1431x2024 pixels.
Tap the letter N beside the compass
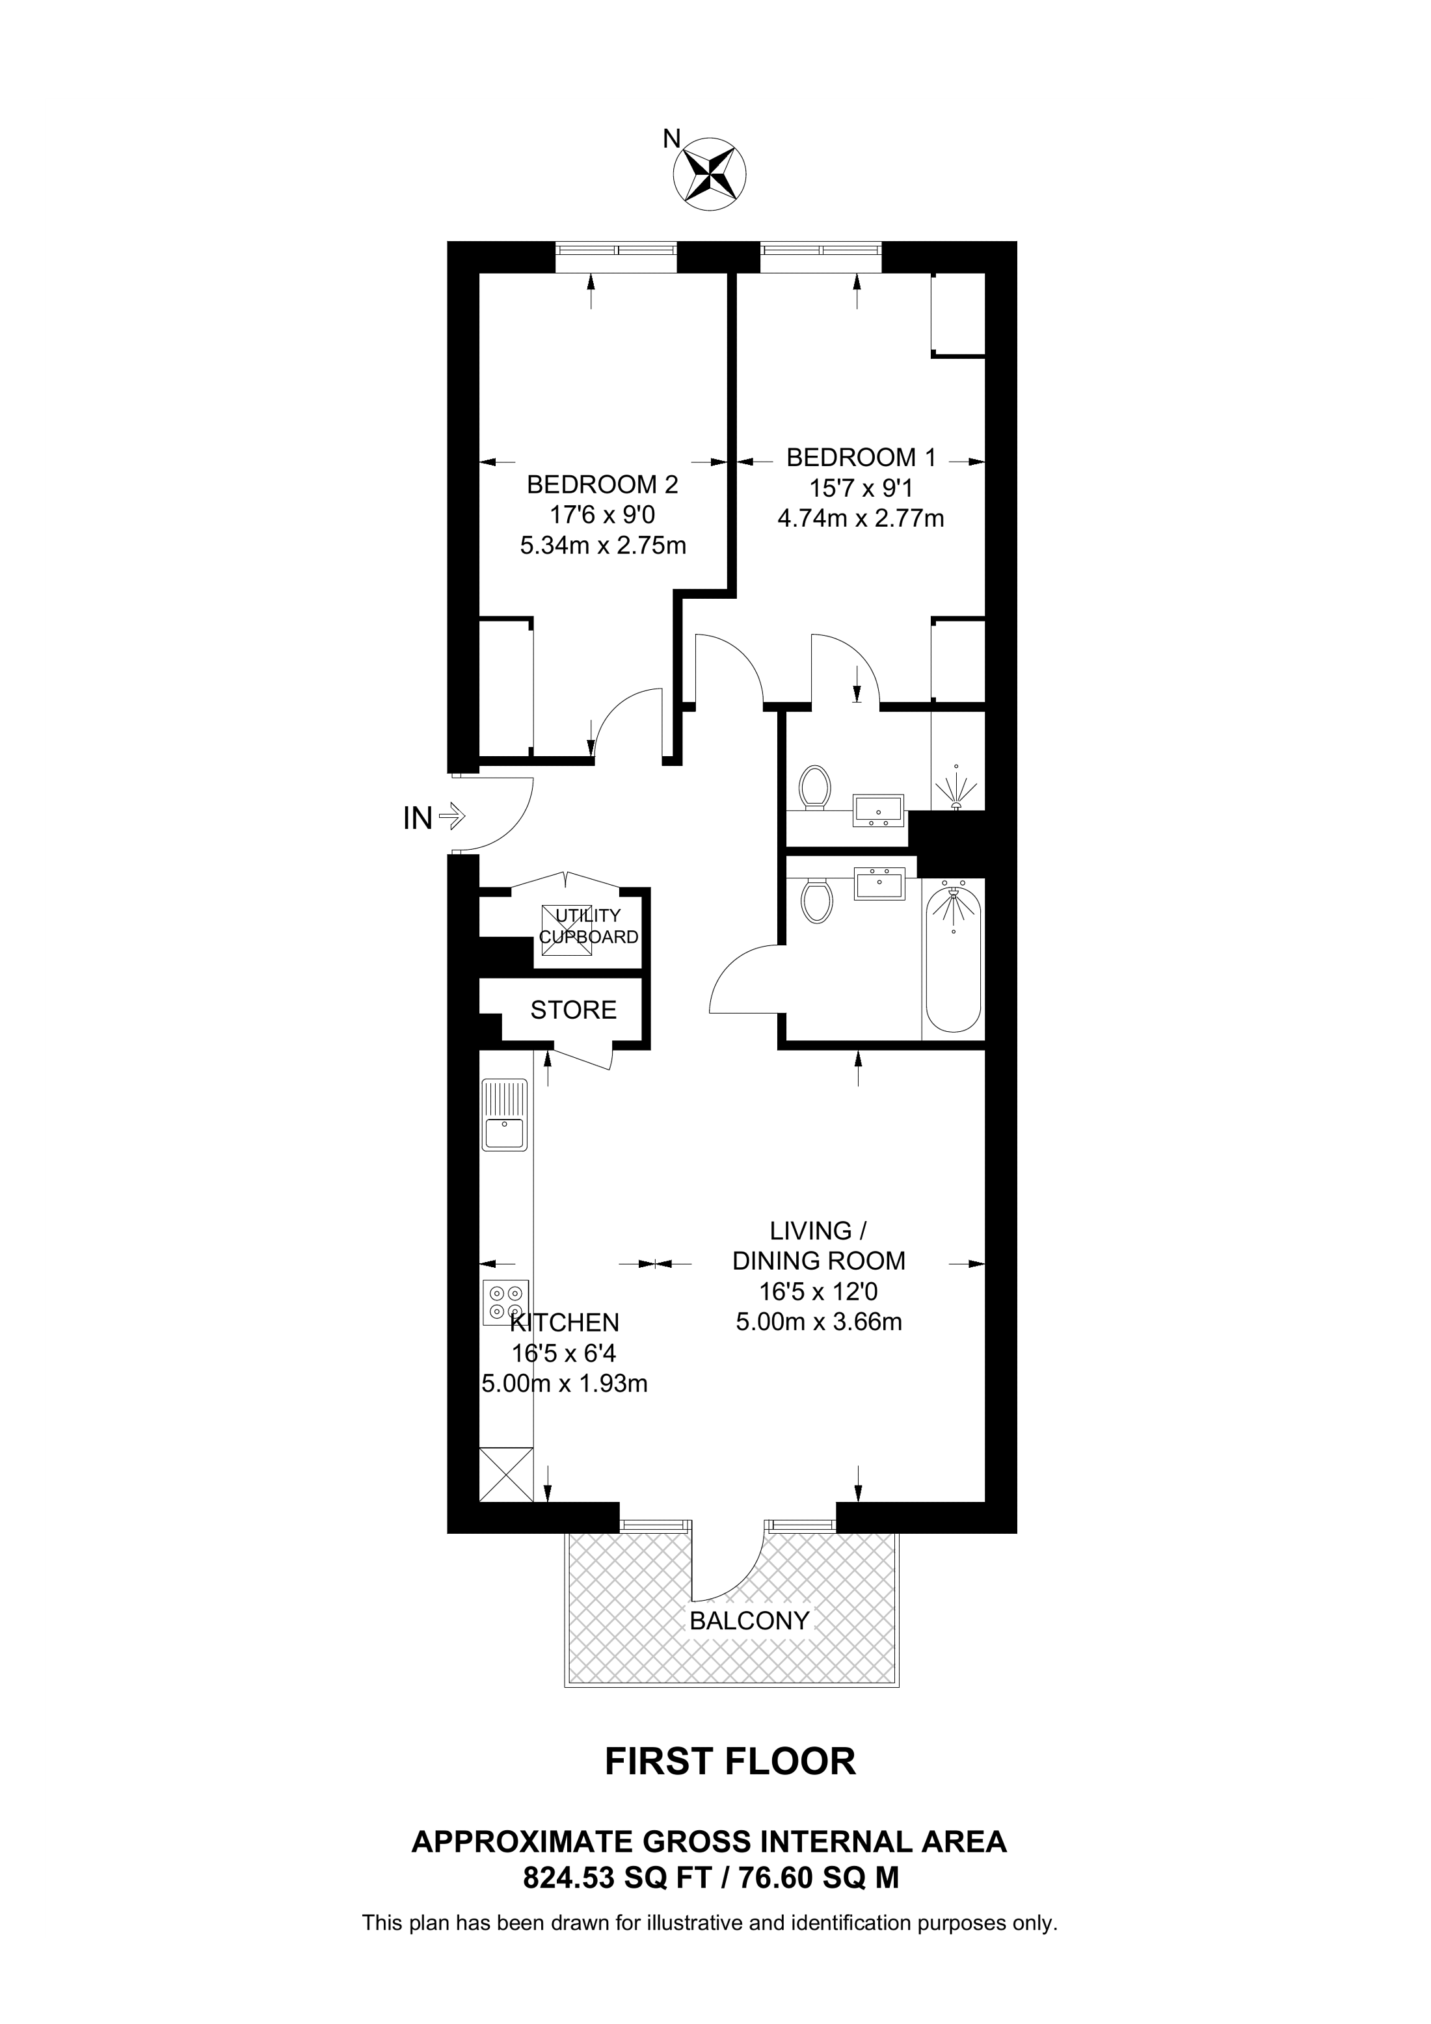click(x=672, y=138)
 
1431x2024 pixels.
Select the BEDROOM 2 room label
click(x=602, y=485)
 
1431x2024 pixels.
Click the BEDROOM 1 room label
click(x=861, y=458)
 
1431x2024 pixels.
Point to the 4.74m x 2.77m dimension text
click(x=861, y=518)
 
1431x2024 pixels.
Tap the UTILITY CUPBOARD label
click(x=588, y=927)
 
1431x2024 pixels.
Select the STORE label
click(x=573, y=1010)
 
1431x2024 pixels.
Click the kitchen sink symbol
click(x=504, y=1115)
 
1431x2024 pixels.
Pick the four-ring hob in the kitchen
click(x=505, y=1303)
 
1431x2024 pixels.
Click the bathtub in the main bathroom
click(x=952, y=961)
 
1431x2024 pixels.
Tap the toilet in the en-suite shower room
click(x=814, y=787)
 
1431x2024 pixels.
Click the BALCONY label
click(x=749, y=1620)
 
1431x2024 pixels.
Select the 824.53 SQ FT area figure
click(x=617, y=1878)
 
